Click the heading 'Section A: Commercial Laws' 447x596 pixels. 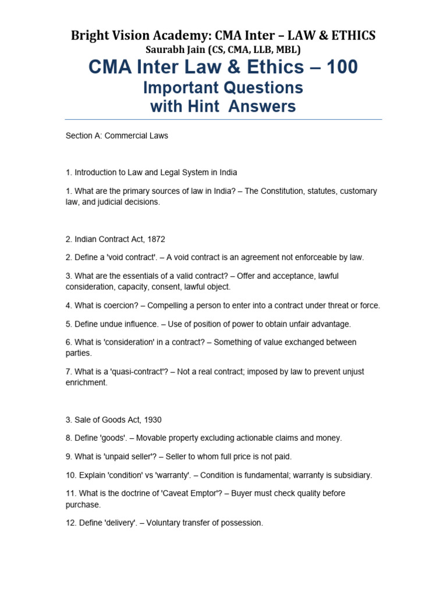tap(116, 136)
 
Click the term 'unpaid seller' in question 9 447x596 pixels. tap(127, 457)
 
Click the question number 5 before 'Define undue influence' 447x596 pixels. tap(68, 324)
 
